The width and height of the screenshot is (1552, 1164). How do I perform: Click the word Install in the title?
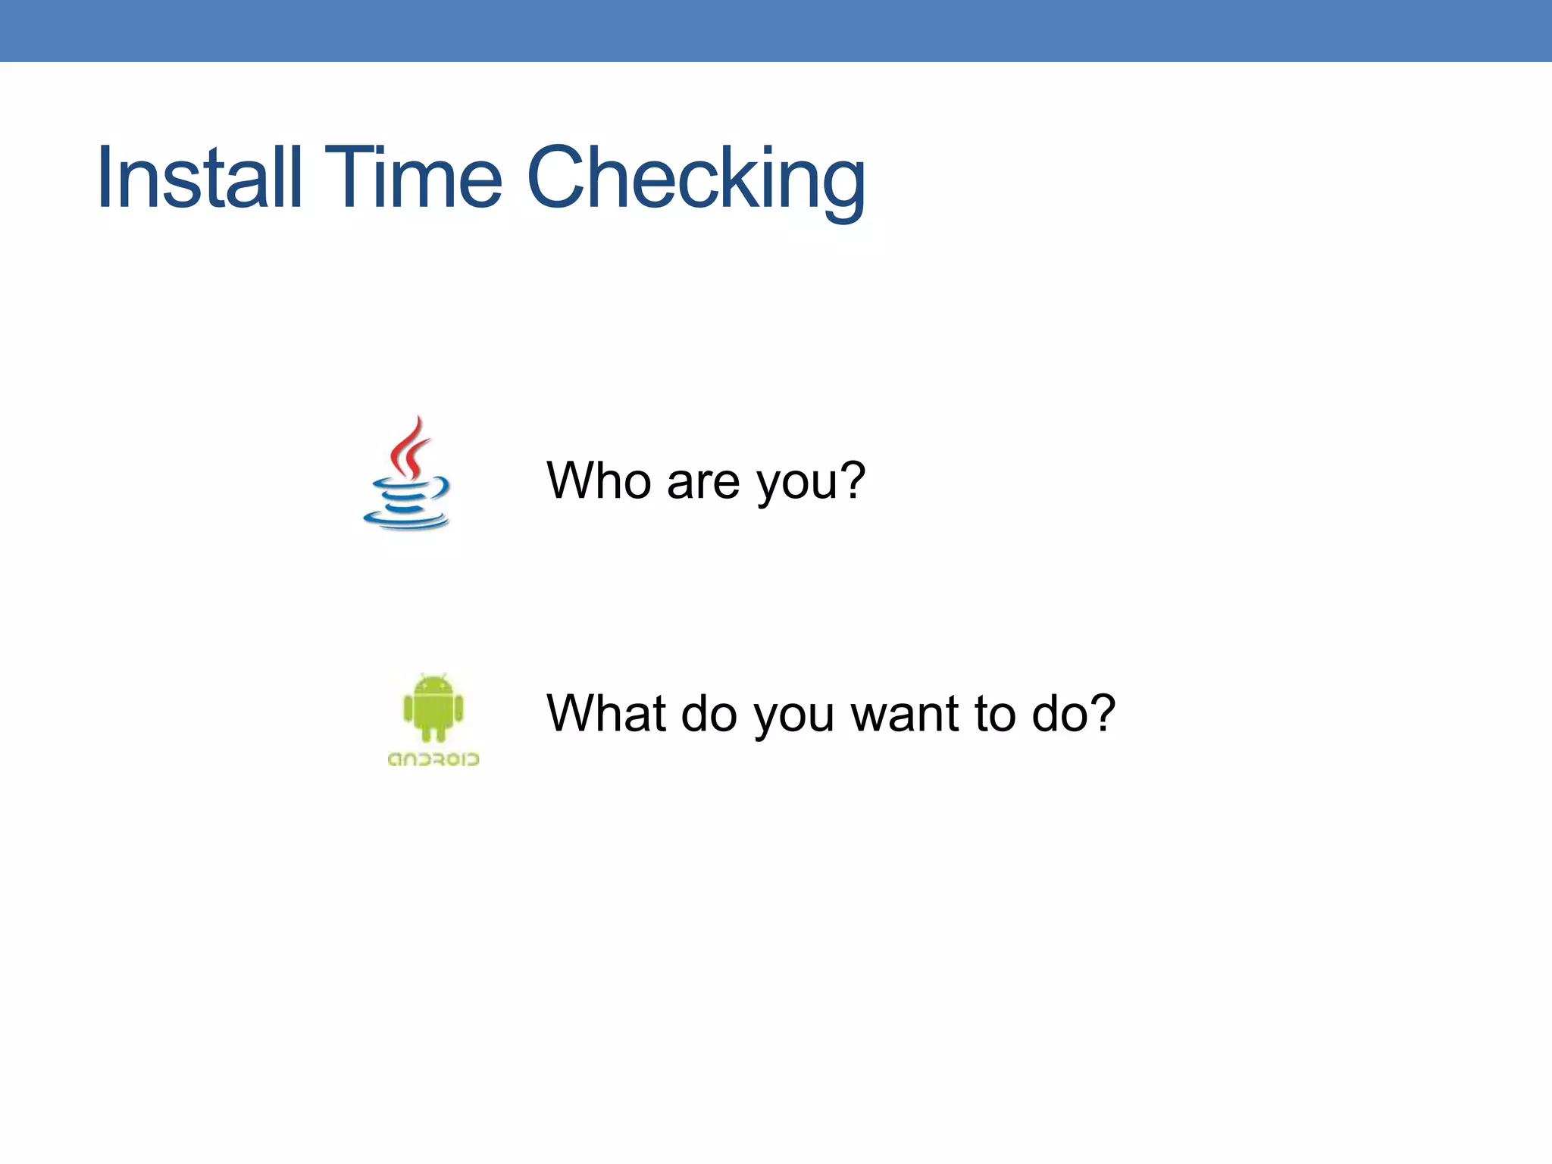coord(199,178)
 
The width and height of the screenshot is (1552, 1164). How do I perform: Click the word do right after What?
coord(709,713)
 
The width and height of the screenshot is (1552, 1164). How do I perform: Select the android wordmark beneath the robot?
coord(433,759)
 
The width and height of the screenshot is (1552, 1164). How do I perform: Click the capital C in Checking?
coord(560,178)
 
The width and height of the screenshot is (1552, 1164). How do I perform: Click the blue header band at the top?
coord(776,30)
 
